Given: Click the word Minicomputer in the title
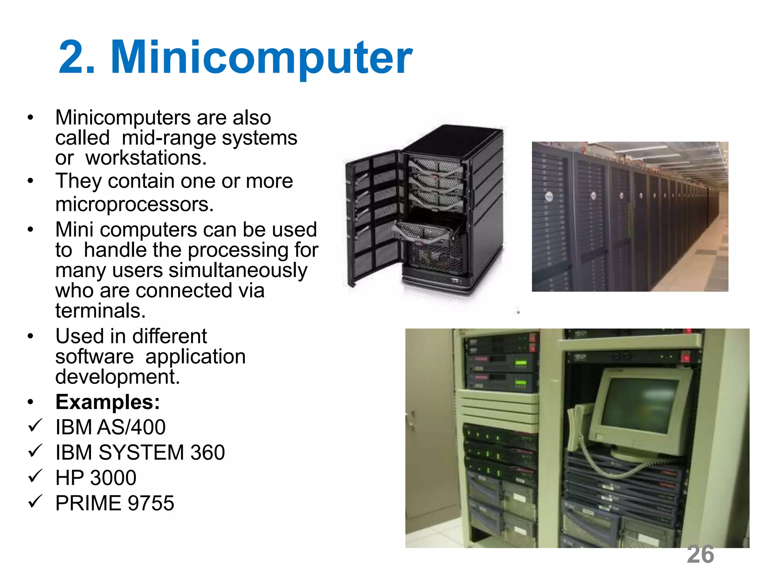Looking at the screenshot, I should [x=261, y=57].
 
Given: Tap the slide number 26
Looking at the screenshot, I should [x=700, y=554].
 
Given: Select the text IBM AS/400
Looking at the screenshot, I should [x=110, y=427].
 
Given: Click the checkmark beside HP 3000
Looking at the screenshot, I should [x=35, y=476].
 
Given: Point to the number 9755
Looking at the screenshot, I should [x=151, y=503].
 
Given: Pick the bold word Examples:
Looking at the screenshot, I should [x=108, y=402].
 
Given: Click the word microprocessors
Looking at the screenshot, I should [x=134, y=204].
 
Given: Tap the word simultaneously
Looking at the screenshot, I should [x=238, y=270].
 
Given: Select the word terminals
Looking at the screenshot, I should [x=100, y=310].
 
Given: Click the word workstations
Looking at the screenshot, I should [x=146, y=158].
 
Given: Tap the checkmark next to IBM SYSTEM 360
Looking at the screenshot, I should [x=35, y=451].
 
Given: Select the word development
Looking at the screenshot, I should [x=117, y=377].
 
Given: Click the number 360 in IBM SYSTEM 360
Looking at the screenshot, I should [x=207, y=452].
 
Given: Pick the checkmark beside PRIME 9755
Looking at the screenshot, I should [x=35, y=501].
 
